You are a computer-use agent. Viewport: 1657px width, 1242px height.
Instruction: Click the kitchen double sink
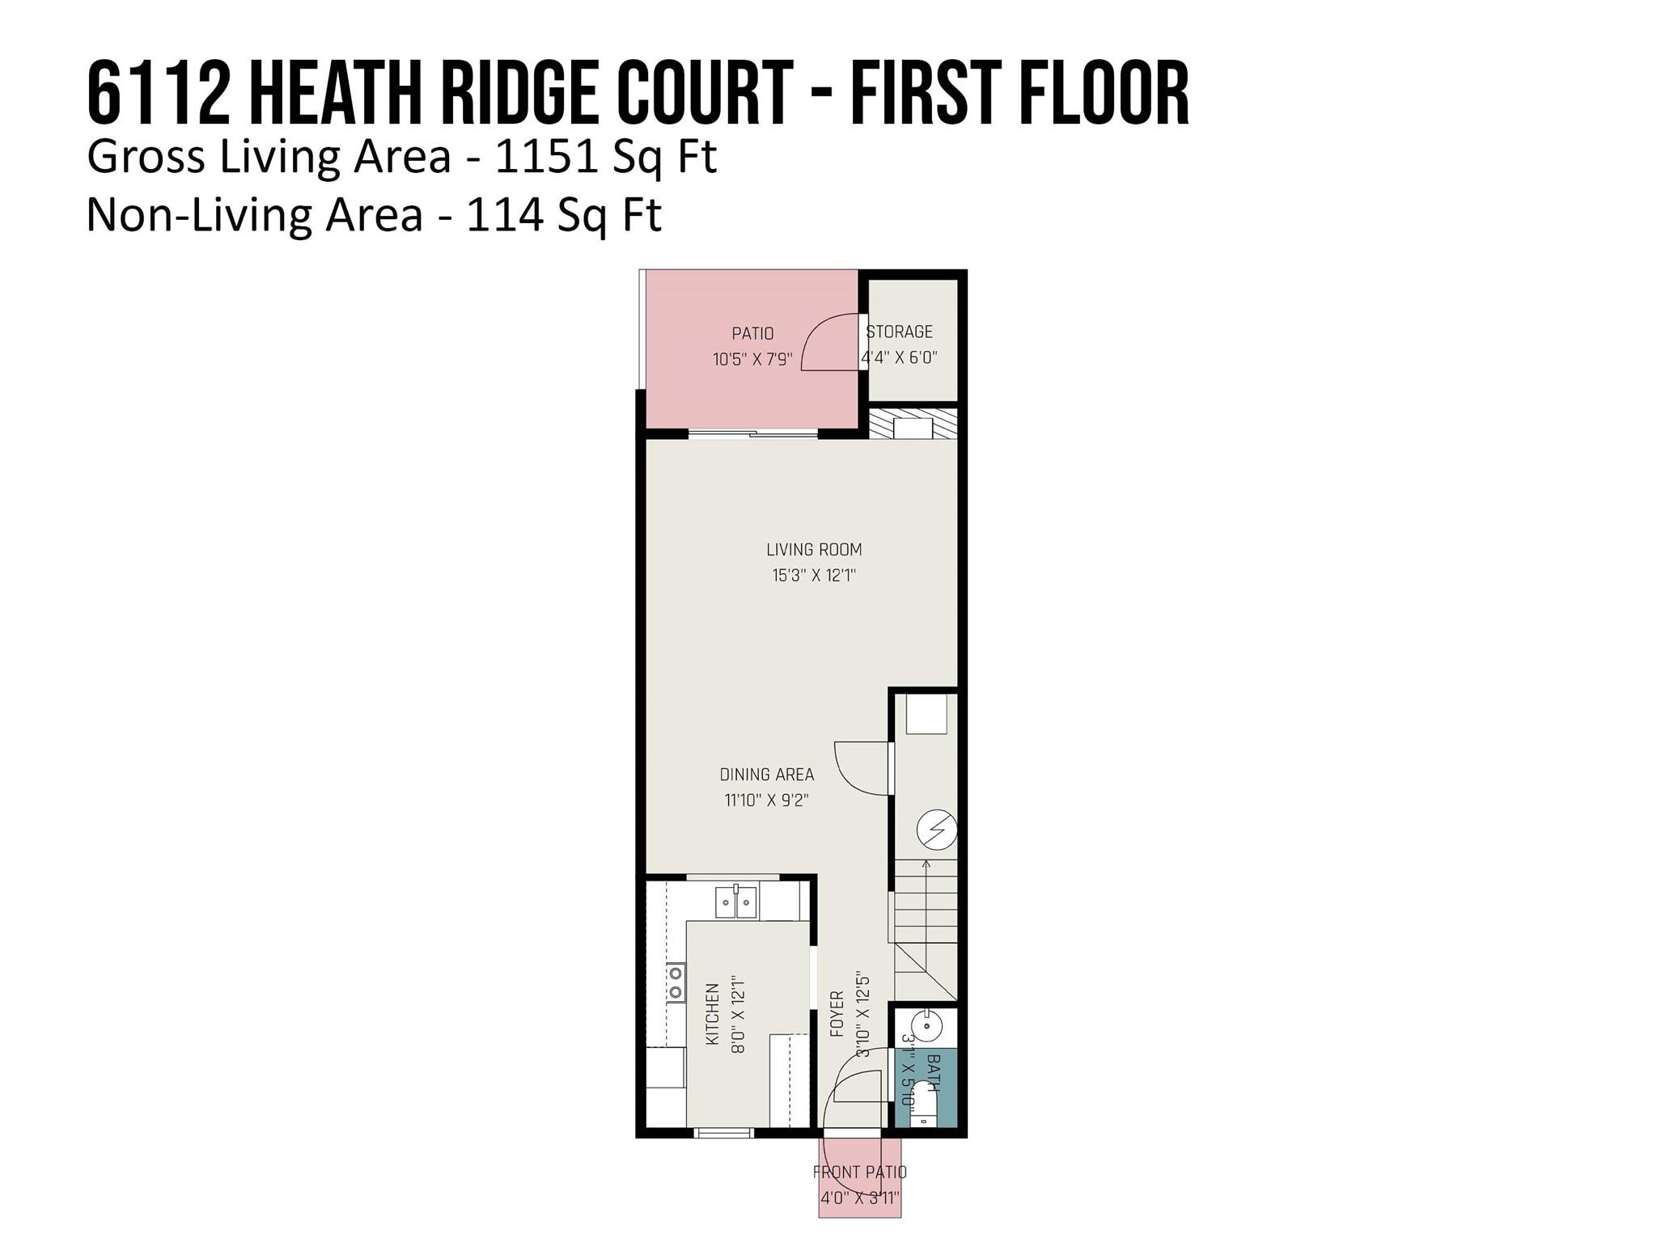(x=735, y=902)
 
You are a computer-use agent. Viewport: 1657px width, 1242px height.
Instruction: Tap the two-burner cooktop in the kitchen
(x=676, y=983)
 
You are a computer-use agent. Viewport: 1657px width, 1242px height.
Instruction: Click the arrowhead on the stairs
(x=926, y=864)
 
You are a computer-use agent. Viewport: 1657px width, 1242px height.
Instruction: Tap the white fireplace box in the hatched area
(x=913, y=428)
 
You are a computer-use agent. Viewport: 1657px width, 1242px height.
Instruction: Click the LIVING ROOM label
(x=814, y=550)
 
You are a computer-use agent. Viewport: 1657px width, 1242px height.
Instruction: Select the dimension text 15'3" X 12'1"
(x=814, y=576)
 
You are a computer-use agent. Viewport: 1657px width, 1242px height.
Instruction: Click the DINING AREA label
(x=767, y=775)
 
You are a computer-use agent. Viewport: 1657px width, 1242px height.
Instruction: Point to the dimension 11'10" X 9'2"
(x=767, y=801)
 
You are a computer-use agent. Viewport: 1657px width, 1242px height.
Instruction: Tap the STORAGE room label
(x=900, y=332)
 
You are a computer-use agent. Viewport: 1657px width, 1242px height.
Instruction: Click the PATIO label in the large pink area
(x=752, y=333)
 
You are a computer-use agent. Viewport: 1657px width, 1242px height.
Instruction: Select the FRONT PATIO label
(x=860, y=1172)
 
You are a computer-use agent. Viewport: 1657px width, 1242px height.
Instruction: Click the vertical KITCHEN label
(x=713, y=1014)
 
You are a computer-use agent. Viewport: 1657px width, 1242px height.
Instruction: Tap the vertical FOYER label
(x=837, y=1014)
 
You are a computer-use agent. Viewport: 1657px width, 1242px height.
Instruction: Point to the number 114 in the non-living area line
(x=505, y=215)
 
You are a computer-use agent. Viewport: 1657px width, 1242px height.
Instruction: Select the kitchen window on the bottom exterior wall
(x=725, y=1133)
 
